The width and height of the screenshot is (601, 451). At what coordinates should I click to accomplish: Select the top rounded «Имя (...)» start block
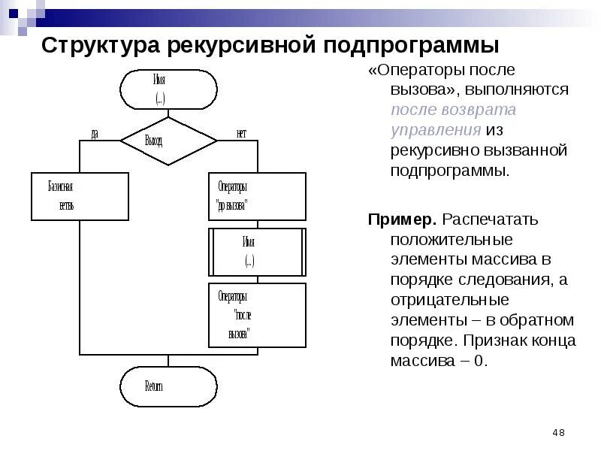click(x=168, y=88)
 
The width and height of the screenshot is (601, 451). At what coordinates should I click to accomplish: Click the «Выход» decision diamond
click(x=168, y=140)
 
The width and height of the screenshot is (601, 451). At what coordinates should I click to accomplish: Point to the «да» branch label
click(x=95, y=134)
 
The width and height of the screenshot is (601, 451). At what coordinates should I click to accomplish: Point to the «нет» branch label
click(x=241, y=134)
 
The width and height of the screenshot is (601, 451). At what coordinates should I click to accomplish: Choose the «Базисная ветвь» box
click(x=80, y=196)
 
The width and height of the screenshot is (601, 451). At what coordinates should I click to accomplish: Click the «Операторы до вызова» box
click(x=256, y=196)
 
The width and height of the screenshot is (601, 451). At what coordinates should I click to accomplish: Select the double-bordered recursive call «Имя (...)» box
click(x=256, y=251)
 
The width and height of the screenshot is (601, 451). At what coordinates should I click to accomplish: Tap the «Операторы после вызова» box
click(x=256, y=315)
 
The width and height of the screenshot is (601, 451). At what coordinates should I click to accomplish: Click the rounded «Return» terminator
click(x=168, y=386)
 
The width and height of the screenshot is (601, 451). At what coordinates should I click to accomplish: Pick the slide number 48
click(x=558, y=432)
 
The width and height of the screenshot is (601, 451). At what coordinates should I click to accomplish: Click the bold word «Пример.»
click(x=402, y=220)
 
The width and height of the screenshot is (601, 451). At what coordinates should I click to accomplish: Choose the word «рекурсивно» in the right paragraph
click(x=434, y=150)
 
